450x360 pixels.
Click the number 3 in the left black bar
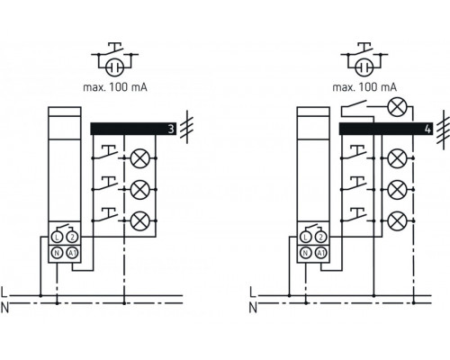coord(170,129)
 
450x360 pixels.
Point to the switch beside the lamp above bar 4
coord(355,108)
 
